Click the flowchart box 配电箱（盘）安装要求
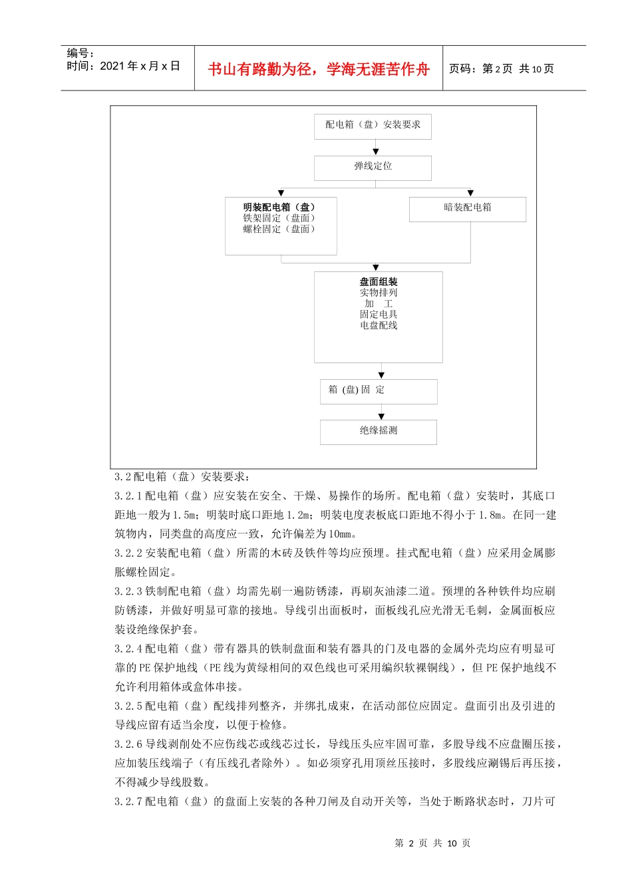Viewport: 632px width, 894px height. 373,126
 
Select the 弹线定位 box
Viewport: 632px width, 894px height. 373,167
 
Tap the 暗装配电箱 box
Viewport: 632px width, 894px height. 467,208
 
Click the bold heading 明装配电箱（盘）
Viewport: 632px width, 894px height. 279,207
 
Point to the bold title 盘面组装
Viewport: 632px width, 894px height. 379,281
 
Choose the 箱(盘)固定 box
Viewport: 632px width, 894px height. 378,390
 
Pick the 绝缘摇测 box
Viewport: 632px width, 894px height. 378,431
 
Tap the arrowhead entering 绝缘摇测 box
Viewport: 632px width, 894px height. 381,416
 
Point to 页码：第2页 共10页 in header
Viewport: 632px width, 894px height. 502,69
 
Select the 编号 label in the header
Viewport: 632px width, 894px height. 80,53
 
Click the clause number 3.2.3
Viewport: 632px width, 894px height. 128,591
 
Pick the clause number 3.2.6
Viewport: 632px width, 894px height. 128,744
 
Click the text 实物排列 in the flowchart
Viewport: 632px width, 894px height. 379,293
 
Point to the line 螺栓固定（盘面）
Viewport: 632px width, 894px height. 279,229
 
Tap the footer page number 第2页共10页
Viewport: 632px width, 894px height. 432,843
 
